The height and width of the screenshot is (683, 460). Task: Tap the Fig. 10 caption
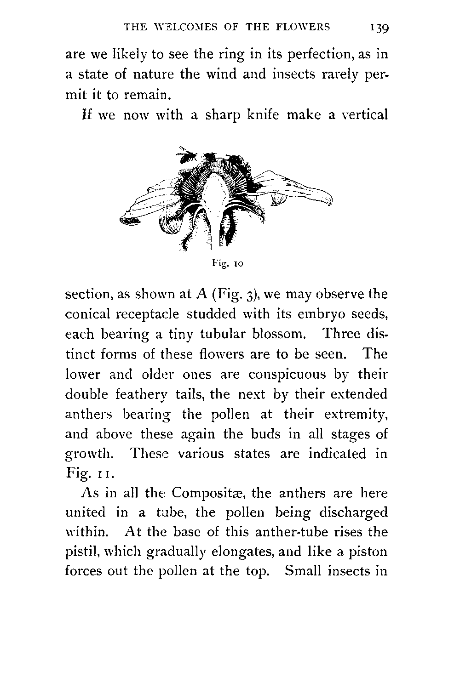click(227, 264)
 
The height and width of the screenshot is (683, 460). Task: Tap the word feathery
click(140, 395)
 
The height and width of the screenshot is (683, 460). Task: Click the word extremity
click(356, 415)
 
